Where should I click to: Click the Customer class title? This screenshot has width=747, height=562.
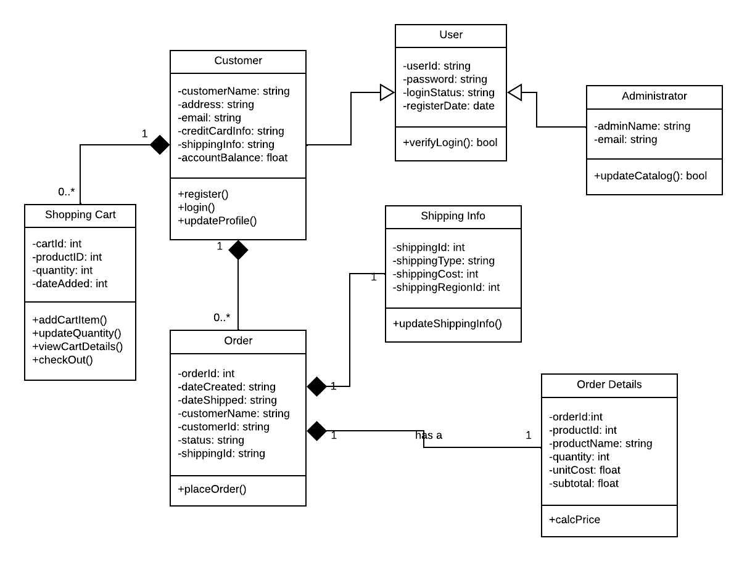[x=238, y=60]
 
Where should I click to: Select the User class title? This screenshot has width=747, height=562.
[x=450, y=35]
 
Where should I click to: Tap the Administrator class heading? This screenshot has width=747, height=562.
[x=654, y=96]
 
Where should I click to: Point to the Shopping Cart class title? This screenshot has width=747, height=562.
[x=80, y=215]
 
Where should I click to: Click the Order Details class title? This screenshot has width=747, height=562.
[x=609, y=385]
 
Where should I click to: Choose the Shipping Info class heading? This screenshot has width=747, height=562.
[x=453, y=216]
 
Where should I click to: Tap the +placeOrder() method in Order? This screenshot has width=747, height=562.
[x=212, y=489]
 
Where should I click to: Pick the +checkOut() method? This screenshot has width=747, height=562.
[x=62, y=359]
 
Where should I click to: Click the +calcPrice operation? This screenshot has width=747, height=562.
[x=574, y=519]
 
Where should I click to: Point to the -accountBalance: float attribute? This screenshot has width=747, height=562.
[x=233, y=158]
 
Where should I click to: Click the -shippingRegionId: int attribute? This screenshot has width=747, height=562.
[x=446, y=287]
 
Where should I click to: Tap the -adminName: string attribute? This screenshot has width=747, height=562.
[x=642, y=126]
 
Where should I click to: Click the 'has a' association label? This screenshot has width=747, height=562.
[x=429, y=435]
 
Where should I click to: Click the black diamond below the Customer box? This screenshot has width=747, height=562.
[x=238, y=250]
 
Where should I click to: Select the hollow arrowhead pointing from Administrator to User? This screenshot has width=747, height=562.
[x=515, y=92]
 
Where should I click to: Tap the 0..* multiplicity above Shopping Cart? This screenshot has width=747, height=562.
[x=67, y=192]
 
